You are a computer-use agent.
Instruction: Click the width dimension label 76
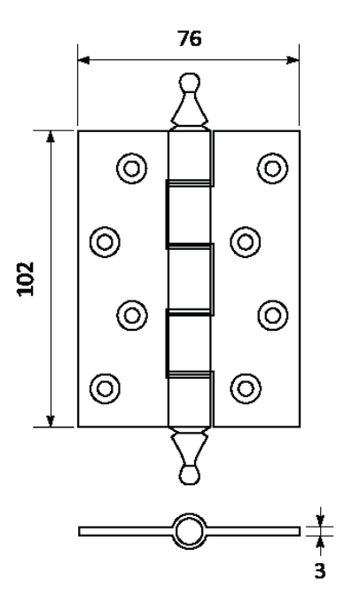pyautogui.click(x=189, y=38)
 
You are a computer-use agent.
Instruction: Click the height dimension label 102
pyautogui.click(x=26, y=279)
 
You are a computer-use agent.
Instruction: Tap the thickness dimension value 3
pyautogui.click(x=319, y=571)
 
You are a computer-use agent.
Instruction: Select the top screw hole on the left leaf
pyautogui.click(x=132, y=168)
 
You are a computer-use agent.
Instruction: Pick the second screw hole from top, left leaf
pyautogui.click(x=105, y=242)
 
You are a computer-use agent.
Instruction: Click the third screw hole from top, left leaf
pyautogui.click(x=132, y=316)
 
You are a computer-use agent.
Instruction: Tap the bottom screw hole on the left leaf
pyautogui.click(x=105, y=388)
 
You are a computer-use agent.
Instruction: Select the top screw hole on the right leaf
pyautogui.click(x=273, y=168)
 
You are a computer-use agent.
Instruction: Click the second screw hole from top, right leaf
pyautogui.click(x=246, y=242)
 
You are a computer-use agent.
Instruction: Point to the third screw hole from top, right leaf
pyautogui.click(x=273, y=316)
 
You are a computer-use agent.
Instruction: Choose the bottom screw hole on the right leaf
pyautogui.click(x=246, y=388)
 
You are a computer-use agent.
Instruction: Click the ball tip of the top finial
pyautogui.click(x=190, y=82)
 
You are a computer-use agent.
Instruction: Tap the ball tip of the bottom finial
pyautogui.click(x=190, y=475)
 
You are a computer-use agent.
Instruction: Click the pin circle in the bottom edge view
pyautogui.click(x=189, y=531)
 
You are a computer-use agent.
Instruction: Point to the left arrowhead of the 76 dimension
pyautogui.click(x=84, y=60)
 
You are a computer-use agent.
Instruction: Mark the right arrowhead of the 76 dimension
pyautogui.click(x=293, y=60)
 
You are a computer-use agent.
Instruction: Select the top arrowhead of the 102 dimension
pyautogui.click(x=51, y=137)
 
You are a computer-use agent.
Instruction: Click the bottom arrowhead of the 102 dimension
pyautogui.click(x=51, y=421)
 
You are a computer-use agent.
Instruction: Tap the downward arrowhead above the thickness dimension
pyautogui.click(x=320, y=521)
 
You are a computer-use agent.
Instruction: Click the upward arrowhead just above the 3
pyautogui.click(x=320, y=542)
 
